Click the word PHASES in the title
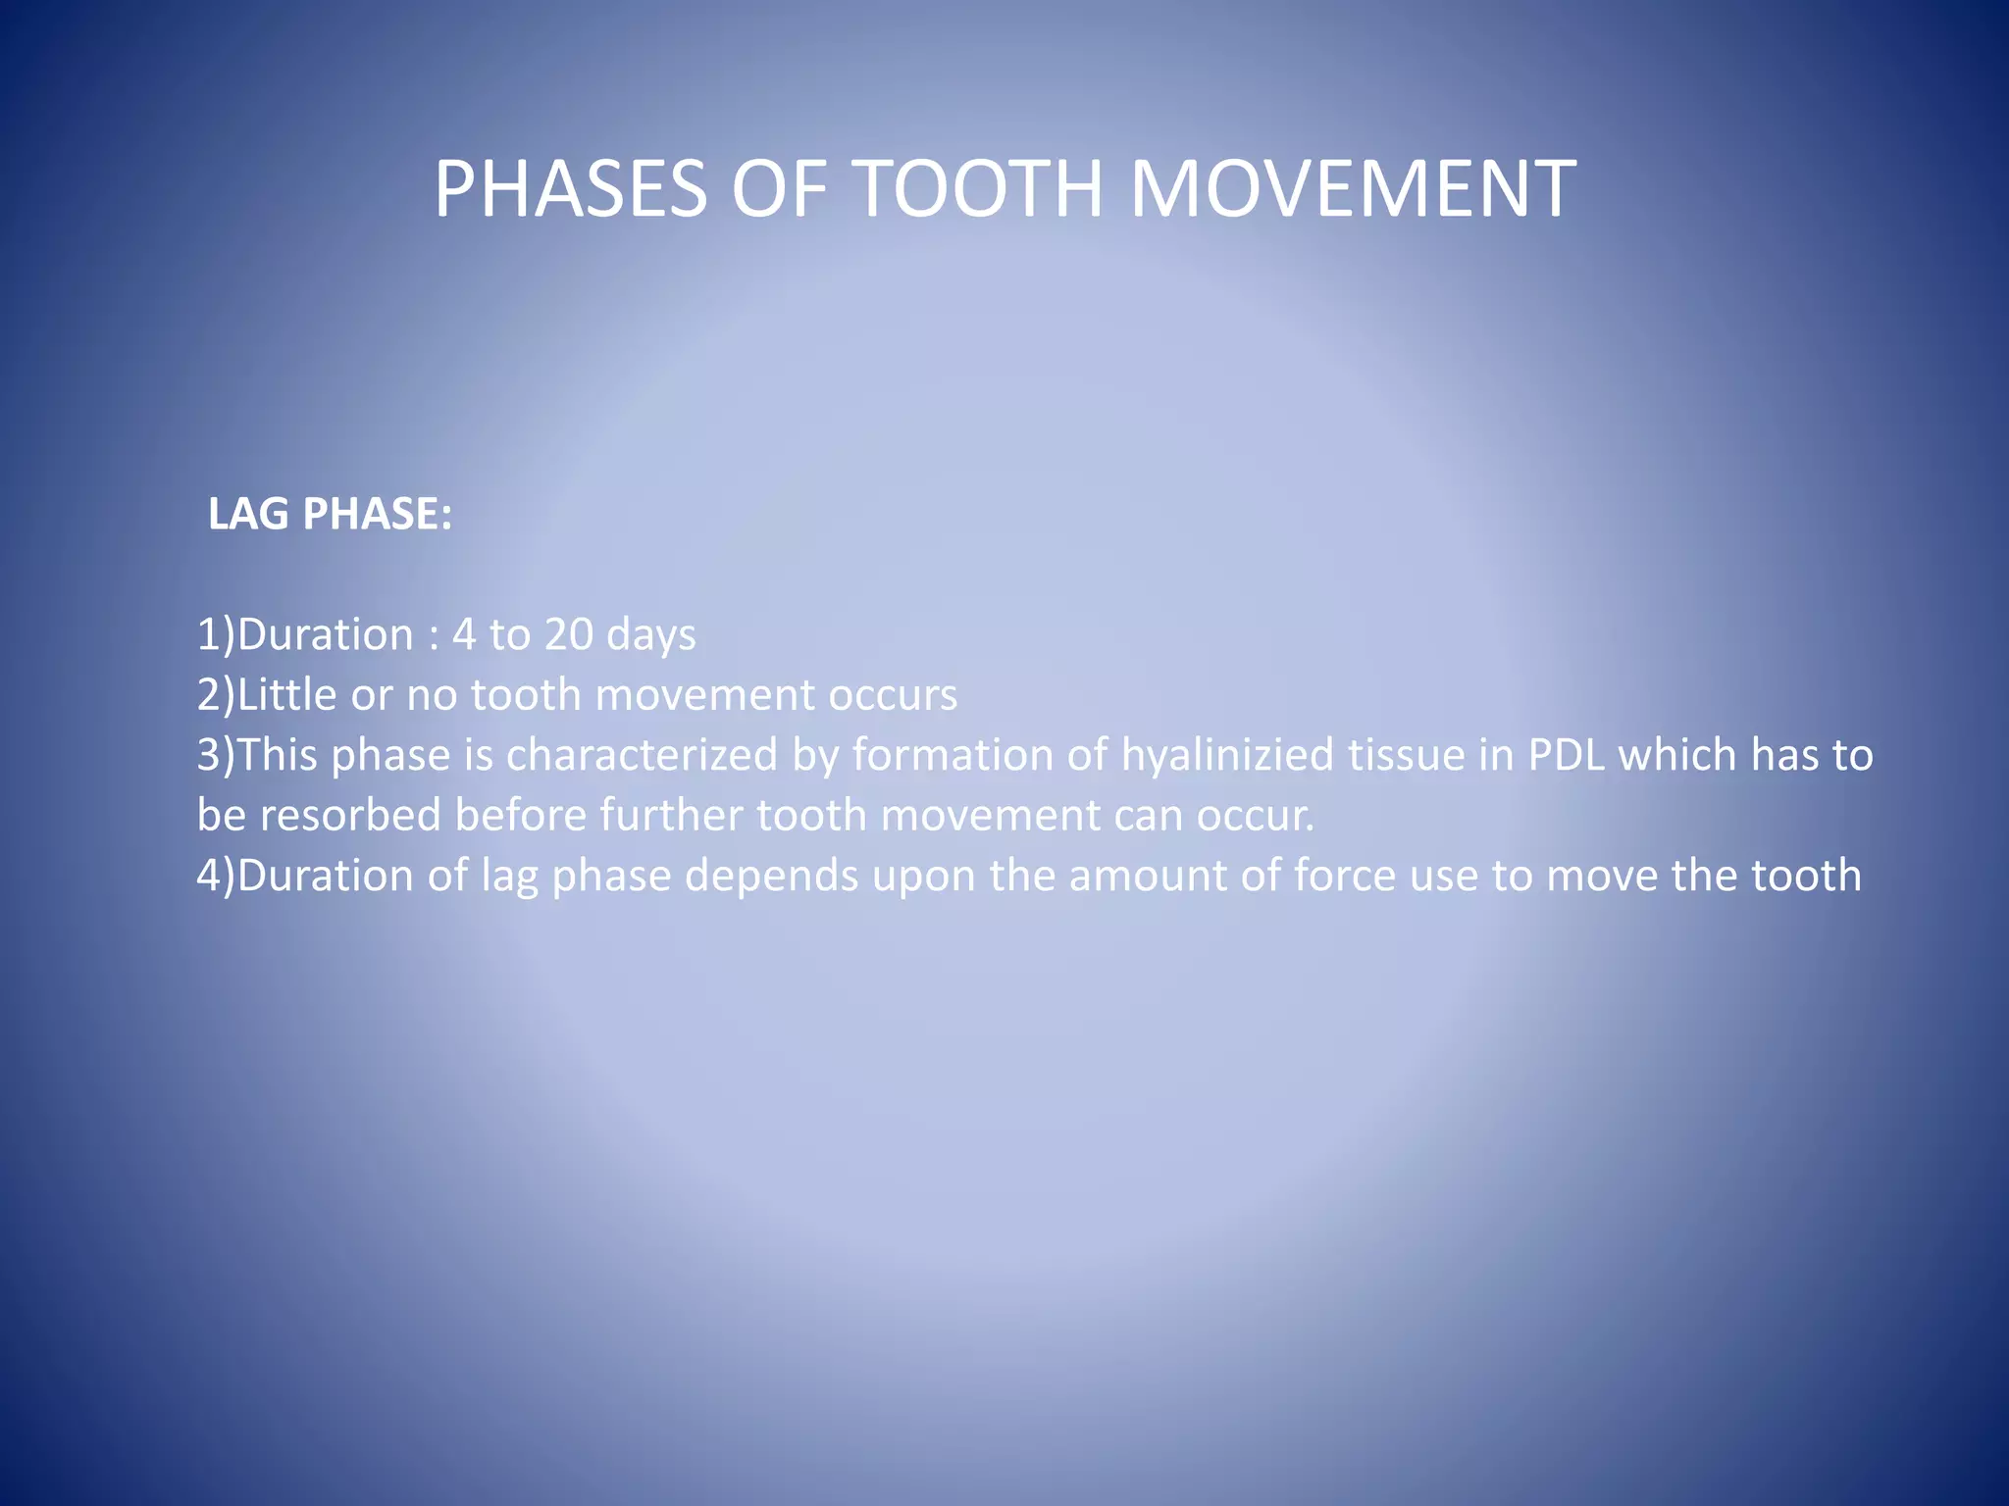tap(570, 188)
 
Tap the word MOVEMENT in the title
tap(1353, 188)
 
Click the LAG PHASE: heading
tap(330, 514)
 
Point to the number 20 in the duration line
tap(569, 634)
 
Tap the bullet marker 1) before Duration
tap(216, 634)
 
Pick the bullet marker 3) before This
tap(216, 755)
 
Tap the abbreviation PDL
tap(1567, 755)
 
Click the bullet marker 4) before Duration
tap(216, 875)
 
